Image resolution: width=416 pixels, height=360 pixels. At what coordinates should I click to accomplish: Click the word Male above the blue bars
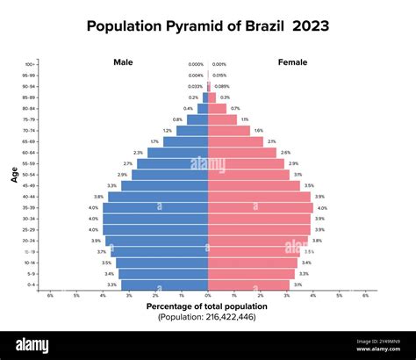(x=123, y=62)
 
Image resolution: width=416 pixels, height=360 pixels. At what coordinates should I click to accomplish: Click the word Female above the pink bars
(x=292, y=62)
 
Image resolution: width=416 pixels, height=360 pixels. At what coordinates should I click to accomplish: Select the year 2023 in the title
(x=312, y=25)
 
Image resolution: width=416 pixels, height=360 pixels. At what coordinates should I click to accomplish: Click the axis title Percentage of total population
(x=207, y=306)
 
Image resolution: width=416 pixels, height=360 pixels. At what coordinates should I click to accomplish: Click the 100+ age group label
(x=31, y=64)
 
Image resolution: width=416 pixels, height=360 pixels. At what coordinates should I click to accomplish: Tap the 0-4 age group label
(x=31, y=284)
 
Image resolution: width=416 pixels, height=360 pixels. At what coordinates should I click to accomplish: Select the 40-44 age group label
(x=30, y=197)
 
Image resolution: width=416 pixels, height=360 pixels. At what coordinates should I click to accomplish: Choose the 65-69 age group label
(x=30, y=141)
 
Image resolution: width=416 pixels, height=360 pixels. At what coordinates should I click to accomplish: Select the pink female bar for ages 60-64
(x=242, y=153)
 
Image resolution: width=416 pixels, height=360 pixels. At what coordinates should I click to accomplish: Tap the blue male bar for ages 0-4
(x=164, y=284)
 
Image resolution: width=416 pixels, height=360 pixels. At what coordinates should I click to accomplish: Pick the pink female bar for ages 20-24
(x=258, y=241)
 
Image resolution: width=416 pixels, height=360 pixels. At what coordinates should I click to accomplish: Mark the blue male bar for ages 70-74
(x=192, y=131)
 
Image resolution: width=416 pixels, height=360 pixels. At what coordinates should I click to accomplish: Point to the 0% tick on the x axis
(x=208, y=295)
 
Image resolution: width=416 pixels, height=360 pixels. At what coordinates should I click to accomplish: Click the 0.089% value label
(x=222, y=86)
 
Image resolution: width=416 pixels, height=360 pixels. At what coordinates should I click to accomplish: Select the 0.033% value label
(x=195, y=86)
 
